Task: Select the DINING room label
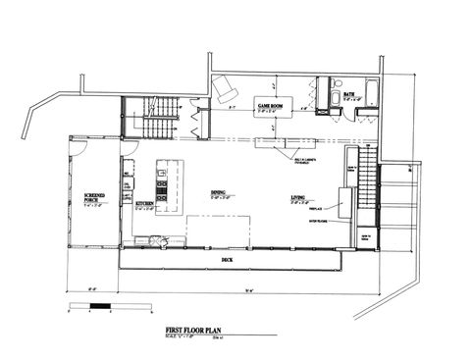(219, 193)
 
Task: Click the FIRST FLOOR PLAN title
(187, 333)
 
